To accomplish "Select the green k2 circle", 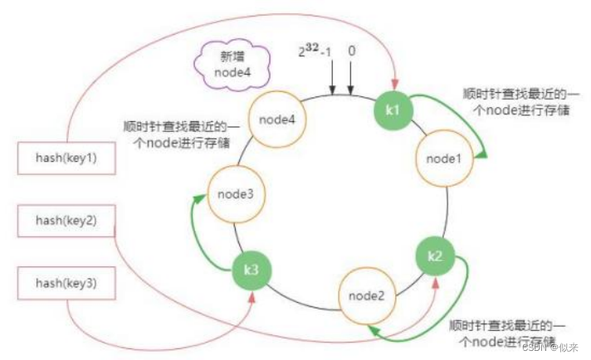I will [435, 255].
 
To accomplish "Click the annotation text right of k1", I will [515, 102].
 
